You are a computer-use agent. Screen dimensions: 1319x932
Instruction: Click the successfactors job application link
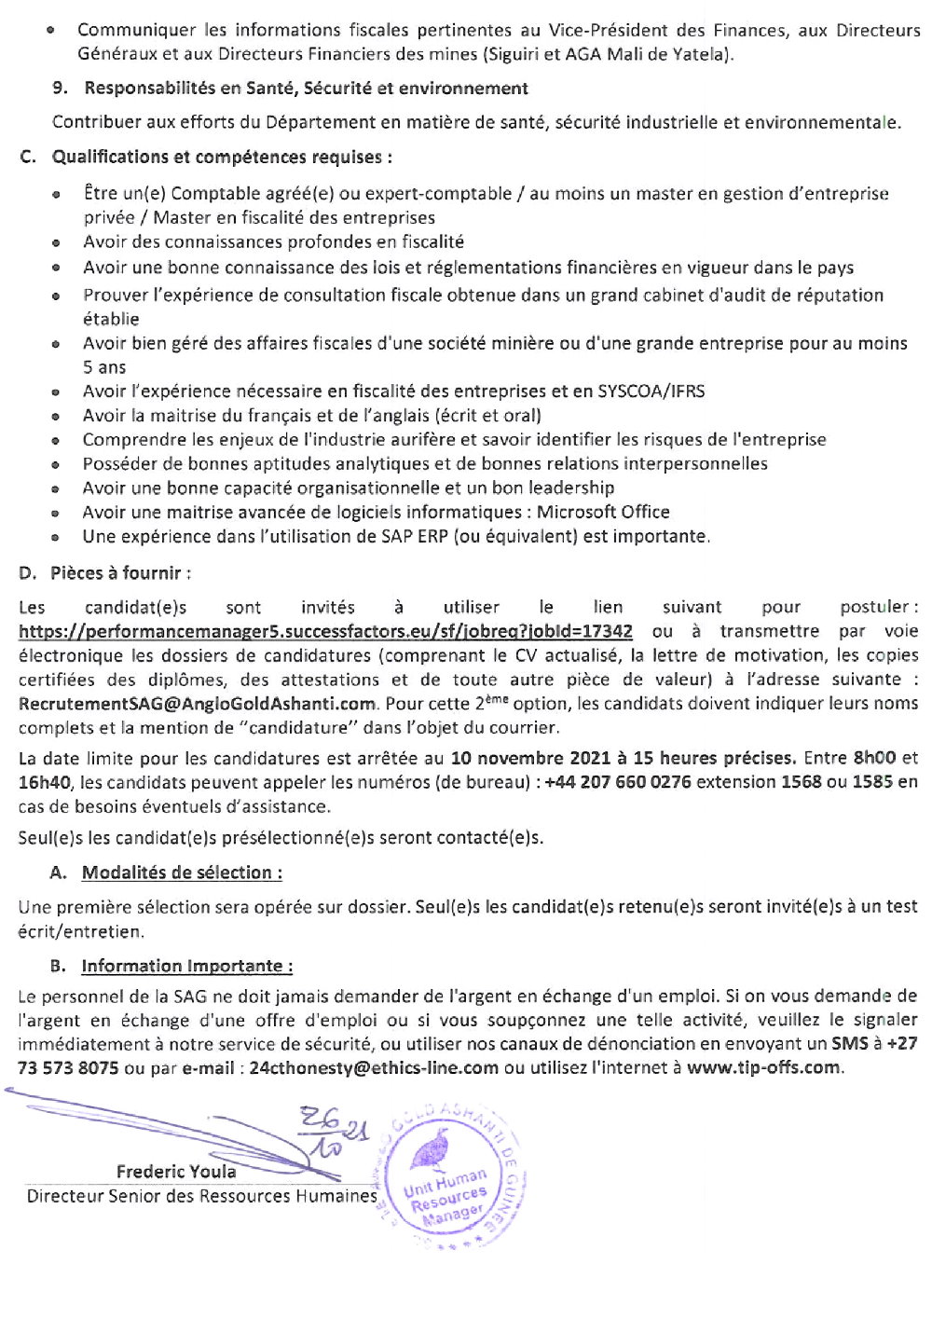tap(325, 631)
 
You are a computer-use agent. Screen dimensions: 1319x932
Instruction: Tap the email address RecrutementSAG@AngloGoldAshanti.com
tap(198, 704)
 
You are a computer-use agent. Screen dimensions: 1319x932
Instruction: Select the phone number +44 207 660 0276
tap(618, 782)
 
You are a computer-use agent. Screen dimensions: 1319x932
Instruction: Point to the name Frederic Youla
tap(176, 1171)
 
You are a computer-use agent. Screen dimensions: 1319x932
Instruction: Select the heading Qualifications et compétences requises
tap(221, 157)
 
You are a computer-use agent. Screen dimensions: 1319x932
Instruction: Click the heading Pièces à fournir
tap(121, 573)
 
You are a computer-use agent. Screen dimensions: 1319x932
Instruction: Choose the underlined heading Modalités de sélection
tap(182, 872)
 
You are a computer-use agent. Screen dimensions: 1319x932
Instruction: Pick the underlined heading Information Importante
tap(186, 966)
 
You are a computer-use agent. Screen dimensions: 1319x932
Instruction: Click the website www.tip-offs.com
tap(763, 1067)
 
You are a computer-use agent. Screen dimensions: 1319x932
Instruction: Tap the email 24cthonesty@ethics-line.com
tap(374, 1067)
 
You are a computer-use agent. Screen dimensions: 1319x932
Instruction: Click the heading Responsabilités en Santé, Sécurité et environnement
tap(306, 89)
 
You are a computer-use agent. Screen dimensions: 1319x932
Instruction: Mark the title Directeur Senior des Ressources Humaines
tap(201, 1196)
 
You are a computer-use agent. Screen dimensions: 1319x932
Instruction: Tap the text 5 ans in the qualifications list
tap(104, 367)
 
